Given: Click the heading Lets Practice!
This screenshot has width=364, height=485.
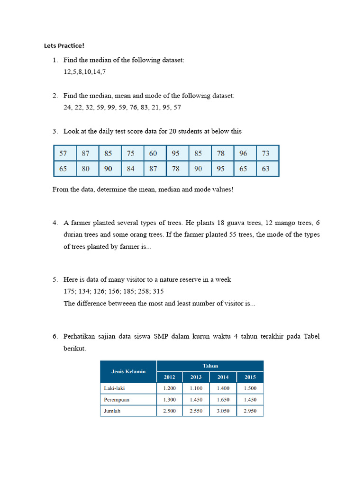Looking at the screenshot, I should pyautogui.click(x=64, y=46).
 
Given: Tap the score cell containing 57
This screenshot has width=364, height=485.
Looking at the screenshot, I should pyautogui.click(x=63, y=153).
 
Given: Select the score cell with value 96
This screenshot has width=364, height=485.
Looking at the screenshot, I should pyautogui.click(x=243, y=153).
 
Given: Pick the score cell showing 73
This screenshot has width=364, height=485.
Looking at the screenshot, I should pyautogui.click(x=265, y=153).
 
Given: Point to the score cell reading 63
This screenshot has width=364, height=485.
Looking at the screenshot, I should pyautogui.click(x=265, y=169).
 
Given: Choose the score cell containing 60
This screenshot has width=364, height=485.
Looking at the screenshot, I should pyautogui.click(x=153, y=153).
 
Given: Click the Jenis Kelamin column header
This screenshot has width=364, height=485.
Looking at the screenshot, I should pyautogui.click(x=128, y=371).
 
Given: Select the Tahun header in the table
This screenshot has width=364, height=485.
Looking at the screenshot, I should pyautogui.click(x=210, y=366).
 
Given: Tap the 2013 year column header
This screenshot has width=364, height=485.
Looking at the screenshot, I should pyautogui.click(x=196, y=377).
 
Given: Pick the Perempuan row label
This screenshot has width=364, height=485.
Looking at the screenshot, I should pyautogui.click(x=117, y=400).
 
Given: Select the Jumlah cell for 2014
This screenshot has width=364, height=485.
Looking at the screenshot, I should pyautogui.click(x=223, y=411).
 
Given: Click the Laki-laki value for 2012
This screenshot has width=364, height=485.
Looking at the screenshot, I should pyautogui.click(x=169, y=388).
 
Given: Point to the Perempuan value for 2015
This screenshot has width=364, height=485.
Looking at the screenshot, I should pyautogui.click(x=250, y=400).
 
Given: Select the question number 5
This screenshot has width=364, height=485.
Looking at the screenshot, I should pyautogui.click(x=55, y=280).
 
